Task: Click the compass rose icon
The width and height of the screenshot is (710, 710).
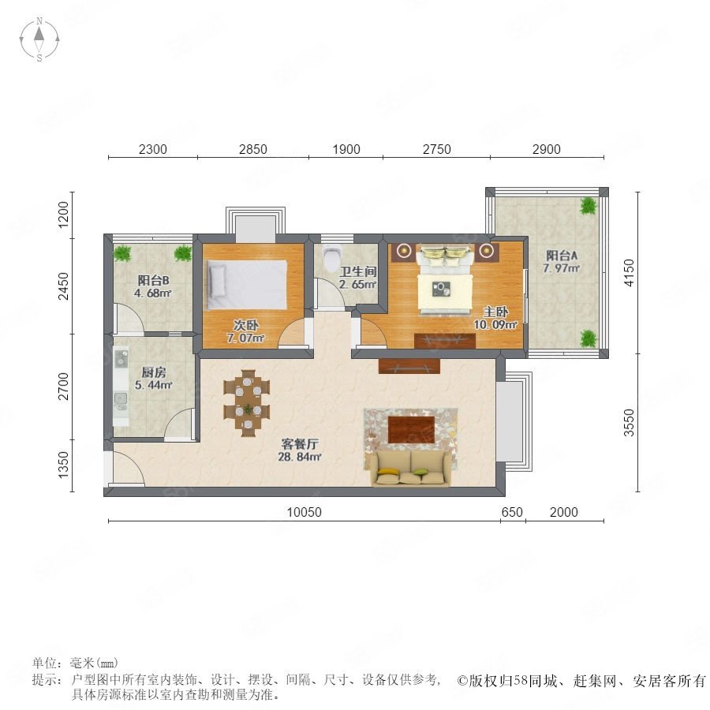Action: [x=39, y=39]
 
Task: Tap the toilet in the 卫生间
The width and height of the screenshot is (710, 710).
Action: [x=332, y=257]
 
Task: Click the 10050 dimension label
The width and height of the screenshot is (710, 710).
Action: [x=305, y=512]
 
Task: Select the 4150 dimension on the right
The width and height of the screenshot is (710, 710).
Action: [x=629, y=273]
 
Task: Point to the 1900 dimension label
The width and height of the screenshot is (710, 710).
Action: [x=346, y=149]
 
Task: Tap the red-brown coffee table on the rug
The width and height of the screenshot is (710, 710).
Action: [x=411, y=430]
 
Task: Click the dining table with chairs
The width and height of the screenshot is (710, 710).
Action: [x=247, y=403]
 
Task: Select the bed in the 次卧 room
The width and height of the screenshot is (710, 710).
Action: [x=247, y=285]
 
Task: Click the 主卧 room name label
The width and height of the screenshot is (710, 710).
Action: [x=495, y=312]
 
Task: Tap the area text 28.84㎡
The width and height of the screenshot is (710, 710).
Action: [x=300, y=457]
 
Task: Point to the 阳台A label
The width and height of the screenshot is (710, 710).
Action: [x=562, y=256]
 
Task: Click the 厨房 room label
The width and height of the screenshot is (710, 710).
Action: [x=154, y=372]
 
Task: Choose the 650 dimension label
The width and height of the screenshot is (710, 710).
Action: [x=512, y=512]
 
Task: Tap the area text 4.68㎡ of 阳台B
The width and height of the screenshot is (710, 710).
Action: [x=152, y=293]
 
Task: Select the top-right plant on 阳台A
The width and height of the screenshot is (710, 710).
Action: [x=589, y=206]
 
